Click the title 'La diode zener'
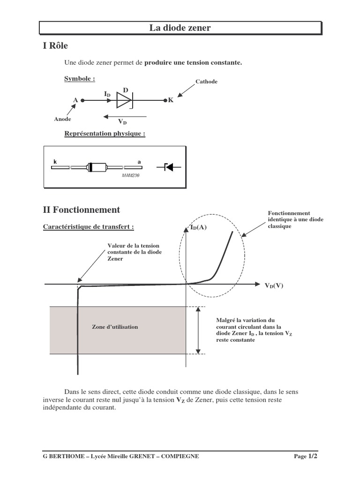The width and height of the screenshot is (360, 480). pyautogui.click(x=180, y=28)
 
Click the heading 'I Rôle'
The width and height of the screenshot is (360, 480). pyautogui.click(x=56, y=45)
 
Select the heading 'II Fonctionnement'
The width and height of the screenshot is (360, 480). pyautogui.click(x=82, y=210)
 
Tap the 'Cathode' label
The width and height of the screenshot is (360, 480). pyautogui.click(x=206, y=82)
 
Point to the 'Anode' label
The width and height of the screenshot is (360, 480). pyautogui.click(x=62, y=119)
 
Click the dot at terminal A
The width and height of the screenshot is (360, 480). pyautogui.click(x=82, y=100)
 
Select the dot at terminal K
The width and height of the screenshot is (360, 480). pyautogui.click(x=165, y=100)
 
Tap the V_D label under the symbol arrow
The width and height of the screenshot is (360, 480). pyautogui.click(x=122, y=122)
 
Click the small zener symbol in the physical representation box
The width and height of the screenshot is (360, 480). pyautogui.click(x=172, y=167)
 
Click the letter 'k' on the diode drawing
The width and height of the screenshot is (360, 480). pyautogui.click(x=54, y=162)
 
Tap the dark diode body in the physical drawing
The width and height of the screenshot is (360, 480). pyautogui.click(x=97, y=167)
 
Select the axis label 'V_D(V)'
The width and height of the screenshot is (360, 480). pyautogui.click(x=274, y=285)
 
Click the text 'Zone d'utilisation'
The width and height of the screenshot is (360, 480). pyautogui.click(x=115, y=327)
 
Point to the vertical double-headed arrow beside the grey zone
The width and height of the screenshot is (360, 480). pyautogui.click(x=199, y=330)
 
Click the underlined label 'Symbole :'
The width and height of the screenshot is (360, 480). pyautogui.click(x=80, y=79)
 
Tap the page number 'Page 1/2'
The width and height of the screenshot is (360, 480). pyautogui.click(x=309, y=456)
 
